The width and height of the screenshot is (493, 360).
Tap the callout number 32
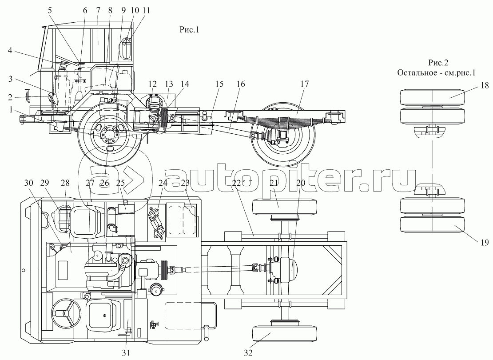point(249,353)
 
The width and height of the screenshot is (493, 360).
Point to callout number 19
point(484,243)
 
